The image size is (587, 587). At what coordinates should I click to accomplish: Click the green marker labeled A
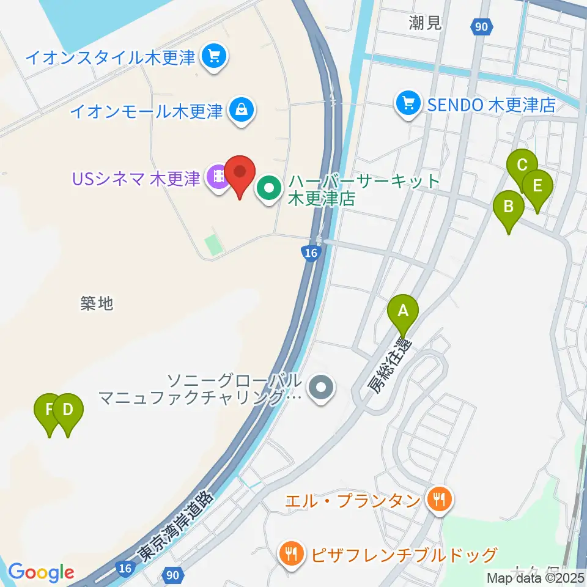(403, 311)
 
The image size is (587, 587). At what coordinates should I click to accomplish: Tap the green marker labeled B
(508, 207)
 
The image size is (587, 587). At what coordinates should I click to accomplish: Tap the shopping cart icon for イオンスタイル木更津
(214, 57)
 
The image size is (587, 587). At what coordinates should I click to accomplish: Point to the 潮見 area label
(426, 24)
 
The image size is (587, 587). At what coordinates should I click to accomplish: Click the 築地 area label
(97, 303)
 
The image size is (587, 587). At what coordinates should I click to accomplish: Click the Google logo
(41, 572)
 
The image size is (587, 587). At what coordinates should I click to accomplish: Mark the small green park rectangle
(213, 245)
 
